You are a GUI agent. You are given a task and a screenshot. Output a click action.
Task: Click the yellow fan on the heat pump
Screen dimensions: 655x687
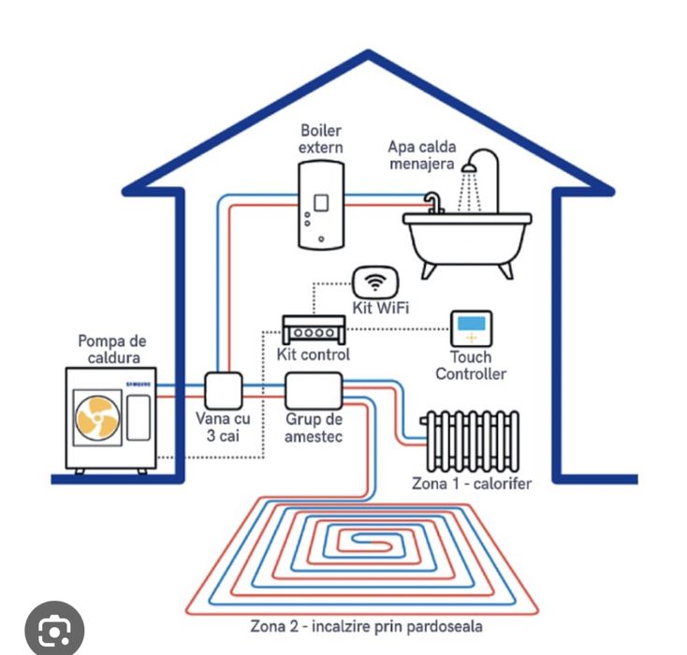coord(97,417)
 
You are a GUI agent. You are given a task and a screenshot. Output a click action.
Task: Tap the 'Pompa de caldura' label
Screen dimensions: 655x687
coord(112,350)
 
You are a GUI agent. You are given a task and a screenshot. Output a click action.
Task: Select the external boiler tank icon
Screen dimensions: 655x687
coord(321,205)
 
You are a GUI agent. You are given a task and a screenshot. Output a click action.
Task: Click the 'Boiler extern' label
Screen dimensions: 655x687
coord(321,138)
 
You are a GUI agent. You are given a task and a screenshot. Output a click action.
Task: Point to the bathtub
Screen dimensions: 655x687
coord(467,240)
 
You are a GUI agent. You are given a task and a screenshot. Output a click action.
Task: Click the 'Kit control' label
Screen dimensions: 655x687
coord(314,356)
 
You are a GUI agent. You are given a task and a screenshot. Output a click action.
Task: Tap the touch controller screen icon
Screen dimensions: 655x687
coord(471,328)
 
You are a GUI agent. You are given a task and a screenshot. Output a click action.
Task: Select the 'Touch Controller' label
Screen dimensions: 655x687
coord(471,366)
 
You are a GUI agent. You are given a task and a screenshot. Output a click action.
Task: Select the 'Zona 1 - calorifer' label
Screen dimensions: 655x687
coord(472,484)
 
